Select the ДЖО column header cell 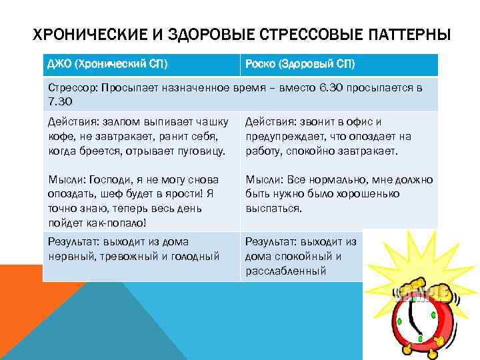pyautogui.click(x=141, y=64)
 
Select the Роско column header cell pyautogui.click(x=338, y=64)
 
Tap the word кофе pyautogui.click(x=62, y=136)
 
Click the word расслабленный pyautogui.click(x=285, y=270)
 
